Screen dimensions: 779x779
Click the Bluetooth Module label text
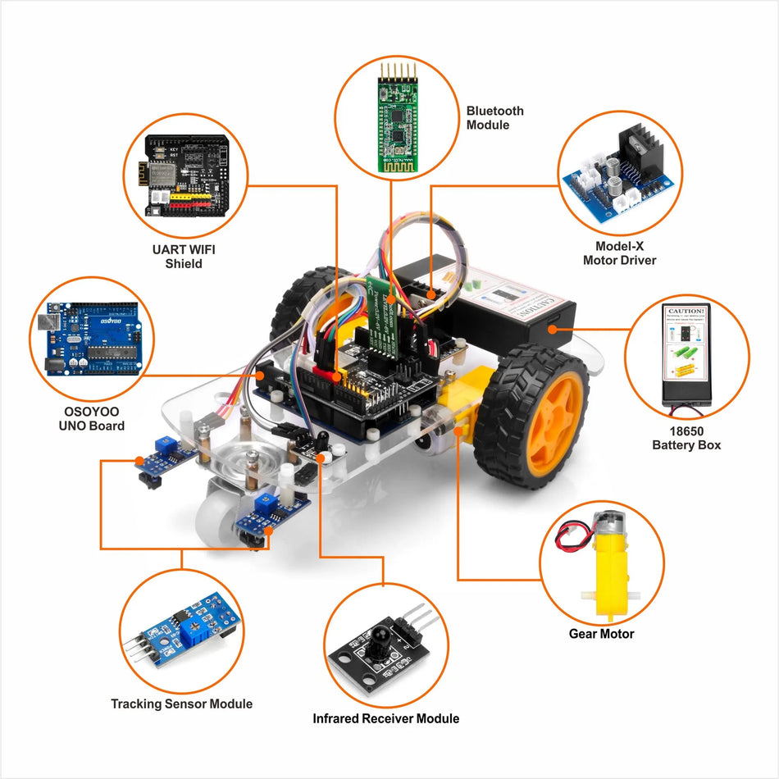[494, 118]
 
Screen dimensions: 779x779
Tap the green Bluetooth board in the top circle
[394, 119]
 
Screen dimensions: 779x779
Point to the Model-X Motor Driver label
[619, 253]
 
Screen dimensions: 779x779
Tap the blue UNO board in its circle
[85, 337]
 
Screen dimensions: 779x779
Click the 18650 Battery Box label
[686, 438]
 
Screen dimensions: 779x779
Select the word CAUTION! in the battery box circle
[686, 312]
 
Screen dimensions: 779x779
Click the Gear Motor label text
[601, 634]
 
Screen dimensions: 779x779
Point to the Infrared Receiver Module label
[385, 718]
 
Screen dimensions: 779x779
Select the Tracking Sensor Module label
[181, 704]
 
